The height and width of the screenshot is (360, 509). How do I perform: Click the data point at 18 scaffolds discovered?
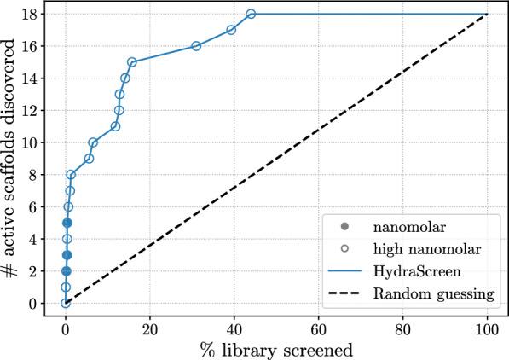pyautogui.click(x=251, y=14)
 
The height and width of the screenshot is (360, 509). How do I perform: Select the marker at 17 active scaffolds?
pyautogui.click(x=231, y=30)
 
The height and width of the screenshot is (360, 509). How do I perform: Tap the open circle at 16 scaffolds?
pyautogui.click(x=196, y=46)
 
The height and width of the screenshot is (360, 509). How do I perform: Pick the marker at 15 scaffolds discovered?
pyautogui.click(x=132, y=62)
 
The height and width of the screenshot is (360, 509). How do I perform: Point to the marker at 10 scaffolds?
pyautogui.click(x=93, y=142)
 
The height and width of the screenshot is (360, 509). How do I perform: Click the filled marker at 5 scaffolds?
pyautogui.click(x=67, y=223)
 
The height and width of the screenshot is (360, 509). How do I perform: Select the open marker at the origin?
pyautogui.click(x=66, y=303)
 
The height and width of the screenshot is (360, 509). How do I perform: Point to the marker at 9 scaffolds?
pyautogui.click(x=89, y=159)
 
